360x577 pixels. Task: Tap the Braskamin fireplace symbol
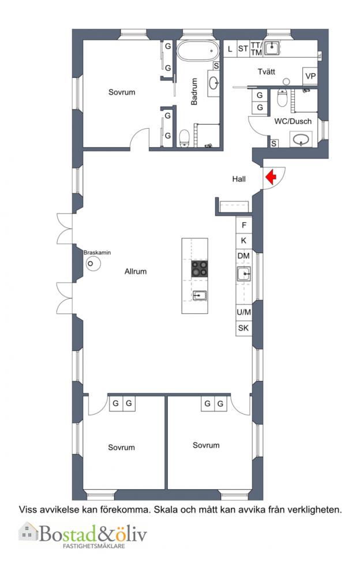point(93,264)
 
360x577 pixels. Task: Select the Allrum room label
point(136,271)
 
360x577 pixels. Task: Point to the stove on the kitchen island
point(199,268)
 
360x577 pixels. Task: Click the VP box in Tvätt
point(310,76)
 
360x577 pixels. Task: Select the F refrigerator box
point(243,224)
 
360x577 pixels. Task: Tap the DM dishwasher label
point(243,256)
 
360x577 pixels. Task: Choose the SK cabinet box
point(243,328)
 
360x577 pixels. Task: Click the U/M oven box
point(243,312)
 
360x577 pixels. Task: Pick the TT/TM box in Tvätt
point(256,48)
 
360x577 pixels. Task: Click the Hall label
point(239,179)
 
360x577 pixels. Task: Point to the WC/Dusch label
point(292,121)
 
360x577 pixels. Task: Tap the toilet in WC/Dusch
point(282,98)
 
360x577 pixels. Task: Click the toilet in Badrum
point(184,138)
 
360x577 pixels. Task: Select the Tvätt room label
point(266,72)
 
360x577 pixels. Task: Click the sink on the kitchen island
point(200,295)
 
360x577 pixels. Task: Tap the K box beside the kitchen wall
point(243,241)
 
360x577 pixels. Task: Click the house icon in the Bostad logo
point(28,532)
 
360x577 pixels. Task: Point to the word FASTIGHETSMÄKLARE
point(94,546)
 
